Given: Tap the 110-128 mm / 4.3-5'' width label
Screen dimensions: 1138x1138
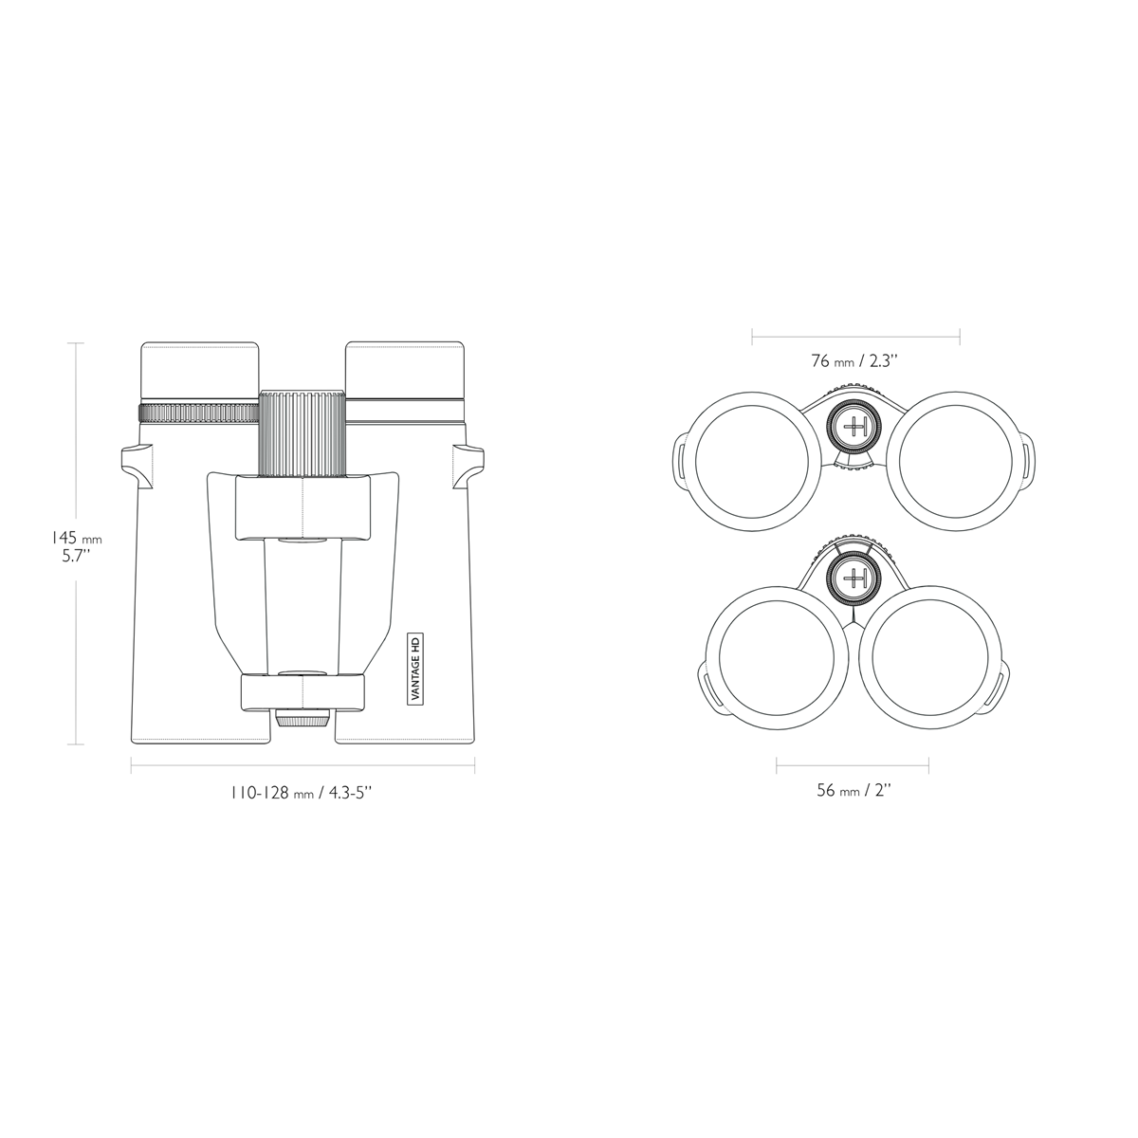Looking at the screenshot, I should point(301,792).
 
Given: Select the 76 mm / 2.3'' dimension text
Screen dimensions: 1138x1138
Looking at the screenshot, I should point(853,361).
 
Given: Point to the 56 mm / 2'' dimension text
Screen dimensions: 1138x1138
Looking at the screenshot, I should point(853,791).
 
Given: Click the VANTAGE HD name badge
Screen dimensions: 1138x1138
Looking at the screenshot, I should point(413,669).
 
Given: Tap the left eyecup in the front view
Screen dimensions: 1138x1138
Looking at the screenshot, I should point(199,371).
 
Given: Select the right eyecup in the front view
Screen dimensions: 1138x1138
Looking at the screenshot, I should point(405,371).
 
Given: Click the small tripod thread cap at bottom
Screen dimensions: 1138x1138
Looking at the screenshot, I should point(303,719).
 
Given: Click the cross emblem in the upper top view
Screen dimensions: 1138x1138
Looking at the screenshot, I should point(855,427).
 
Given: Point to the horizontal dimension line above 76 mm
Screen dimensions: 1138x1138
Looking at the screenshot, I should point(855,334).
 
